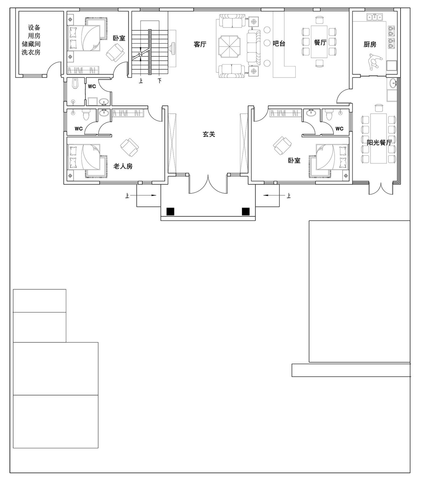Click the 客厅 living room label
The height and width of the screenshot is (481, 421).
(200, 44)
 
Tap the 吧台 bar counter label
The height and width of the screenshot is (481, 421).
(279, 43)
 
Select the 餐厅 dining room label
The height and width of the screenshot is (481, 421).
(320, 42)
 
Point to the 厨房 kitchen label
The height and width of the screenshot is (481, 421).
(370, 44)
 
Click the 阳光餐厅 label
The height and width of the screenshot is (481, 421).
(379, 142)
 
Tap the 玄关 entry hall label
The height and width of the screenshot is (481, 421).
(209, 134)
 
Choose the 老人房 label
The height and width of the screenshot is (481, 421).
(123, 166)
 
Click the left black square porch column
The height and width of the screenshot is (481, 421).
(171, 212)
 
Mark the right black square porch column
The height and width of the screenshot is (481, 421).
(246, 212)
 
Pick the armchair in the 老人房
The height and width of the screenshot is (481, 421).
(130, 147)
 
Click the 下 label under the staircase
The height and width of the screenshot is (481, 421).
(159, 81)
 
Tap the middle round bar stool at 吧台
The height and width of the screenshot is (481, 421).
(267, 43)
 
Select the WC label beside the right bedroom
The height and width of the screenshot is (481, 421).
(339, 129)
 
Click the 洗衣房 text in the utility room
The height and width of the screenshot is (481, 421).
(31, 52)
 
